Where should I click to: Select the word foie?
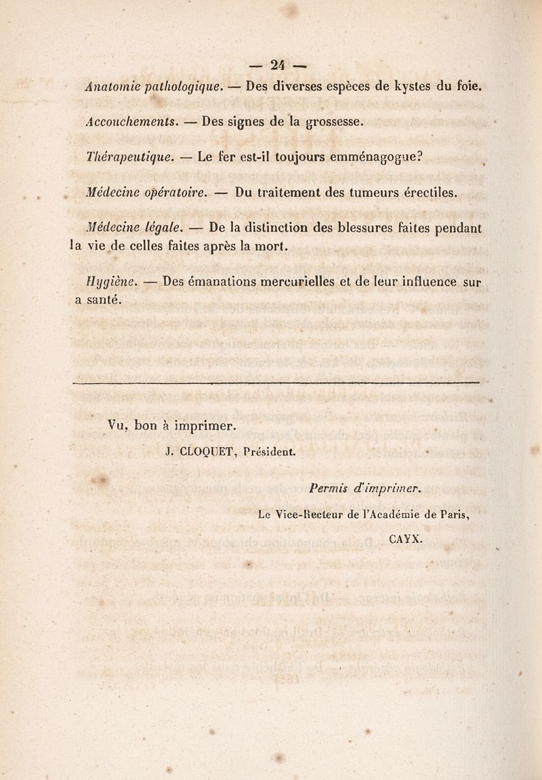(x=468, y=87)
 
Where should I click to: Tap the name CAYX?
(x=406, y=539)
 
